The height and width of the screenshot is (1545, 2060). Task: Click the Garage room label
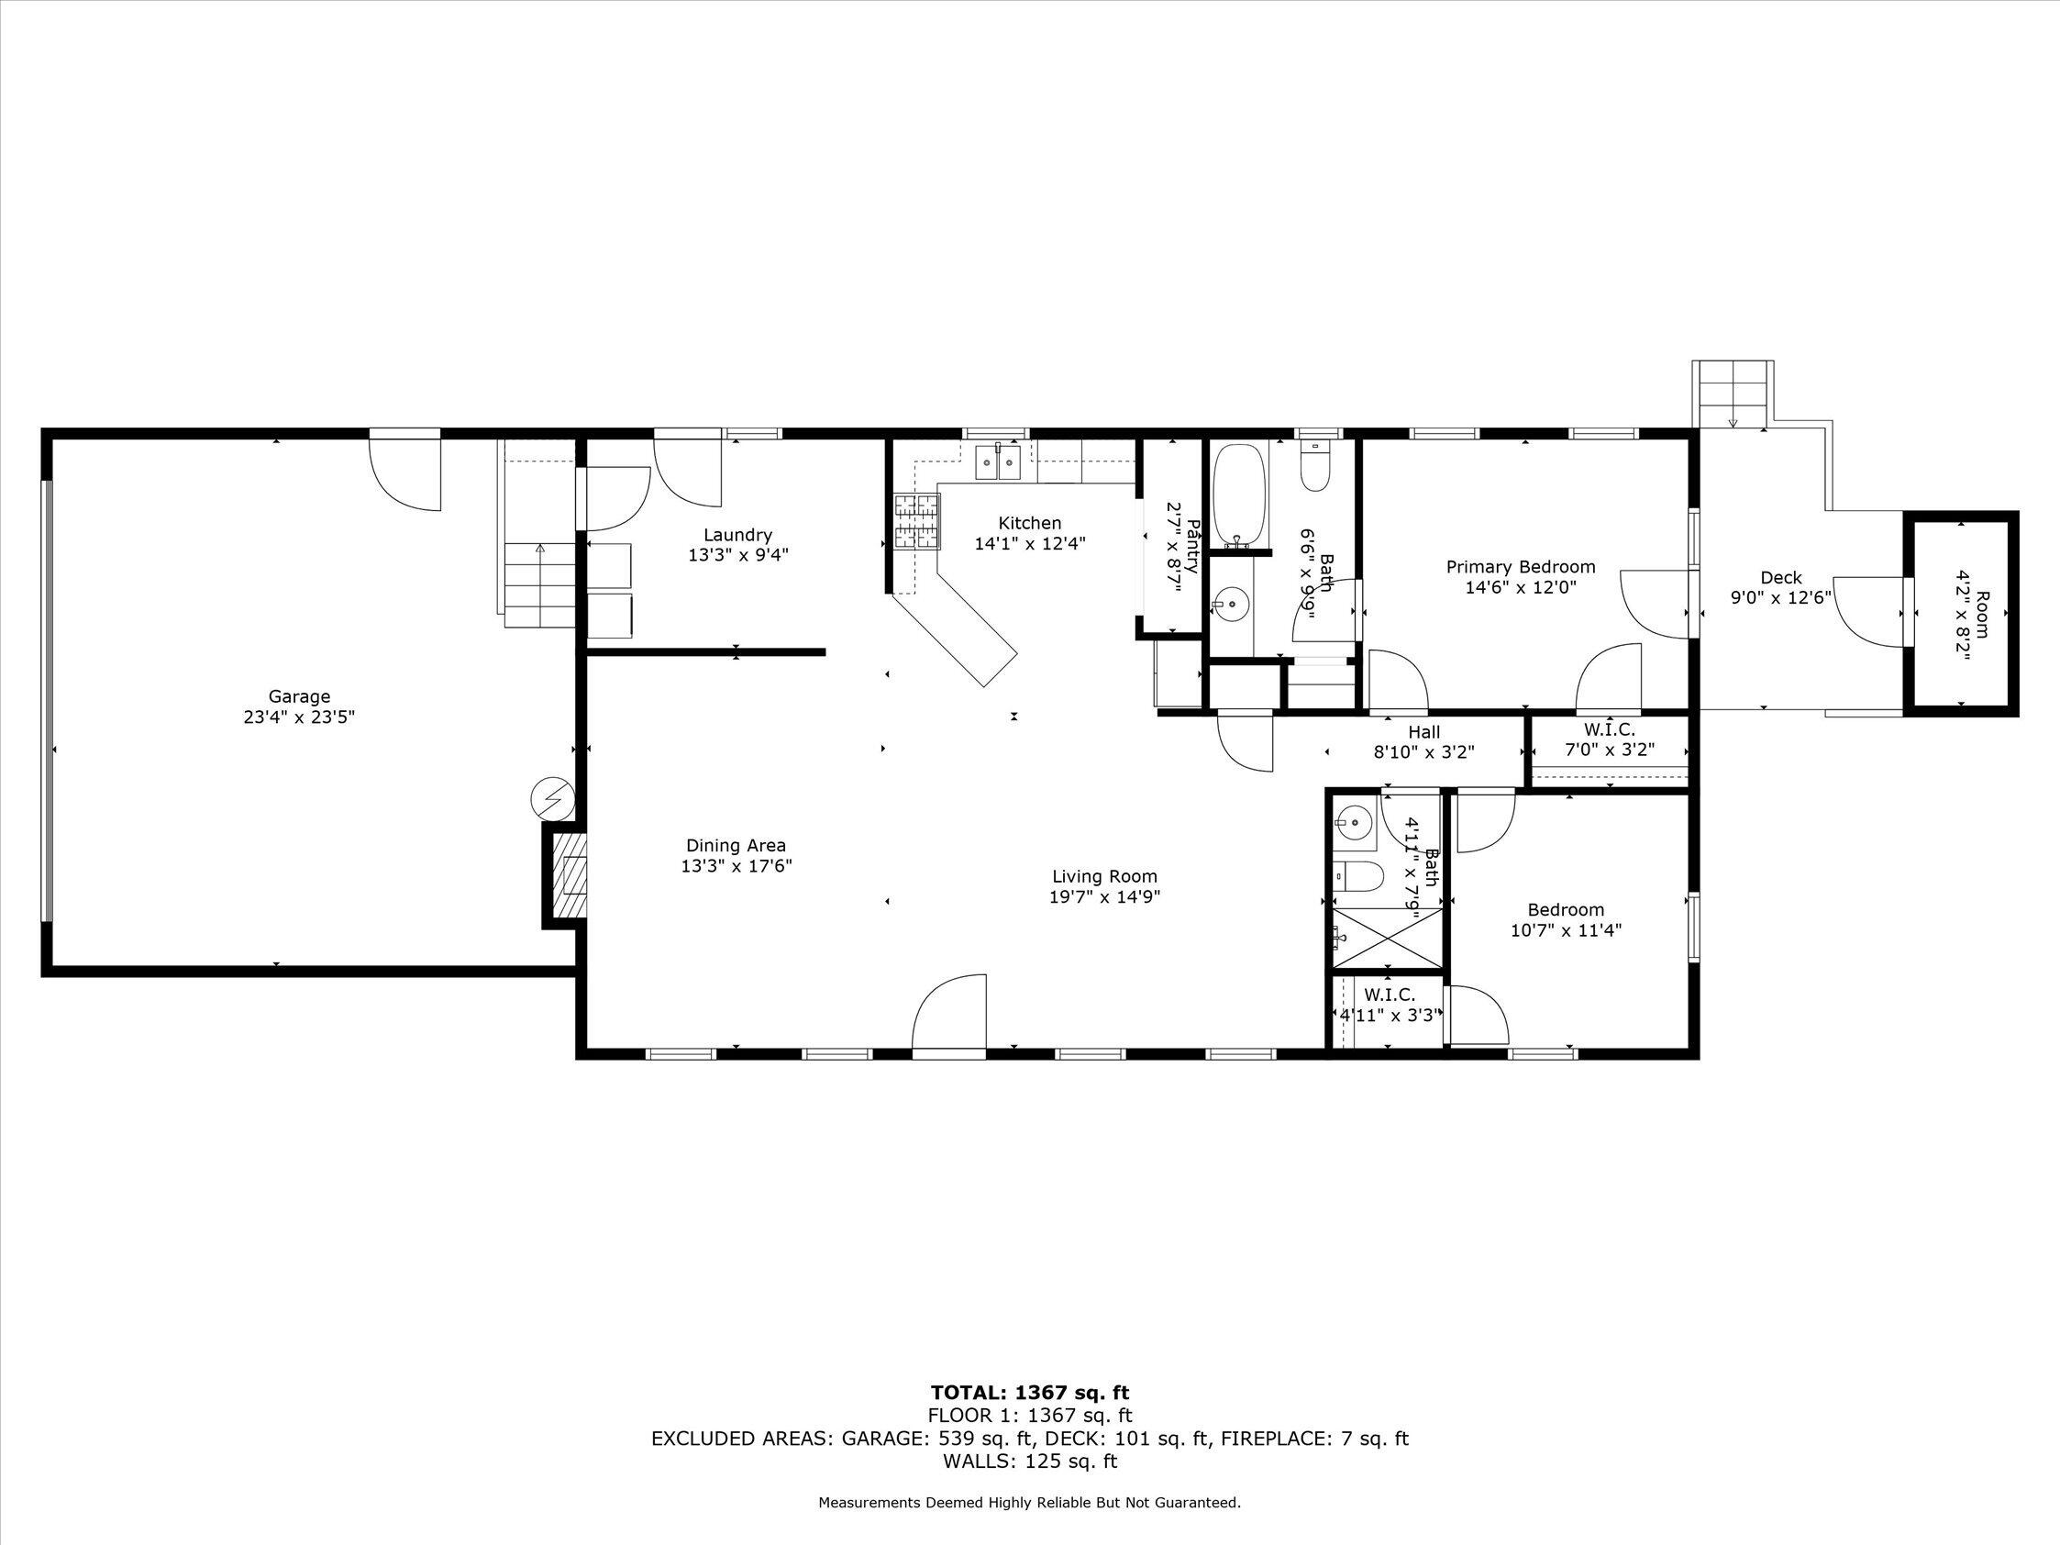[x=299, y=696]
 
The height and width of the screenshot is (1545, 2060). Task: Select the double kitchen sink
[x=997, y=461]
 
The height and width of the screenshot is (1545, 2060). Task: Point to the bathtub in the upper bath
[x=1238, y=495]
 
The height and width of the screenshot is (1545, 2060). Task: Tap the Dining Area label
[x=736, y=846]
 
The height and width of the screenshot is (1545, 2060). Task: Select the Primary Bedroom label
[x=1520, y=566]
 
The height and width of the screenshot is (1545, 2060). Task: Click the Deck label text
[x=1780, y=577]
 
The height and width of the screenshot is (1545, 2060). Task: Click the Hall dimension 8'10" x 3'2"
[x=1424, y=751]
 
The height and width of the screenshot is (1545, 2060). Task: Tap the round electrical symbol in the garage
[x=552, y=798]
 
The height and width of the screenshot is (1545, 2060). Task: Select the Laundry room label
[x=737, y=535]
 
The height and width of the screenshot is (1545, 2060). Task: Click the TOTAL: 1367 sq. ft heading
[x=1029, y=1418]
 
